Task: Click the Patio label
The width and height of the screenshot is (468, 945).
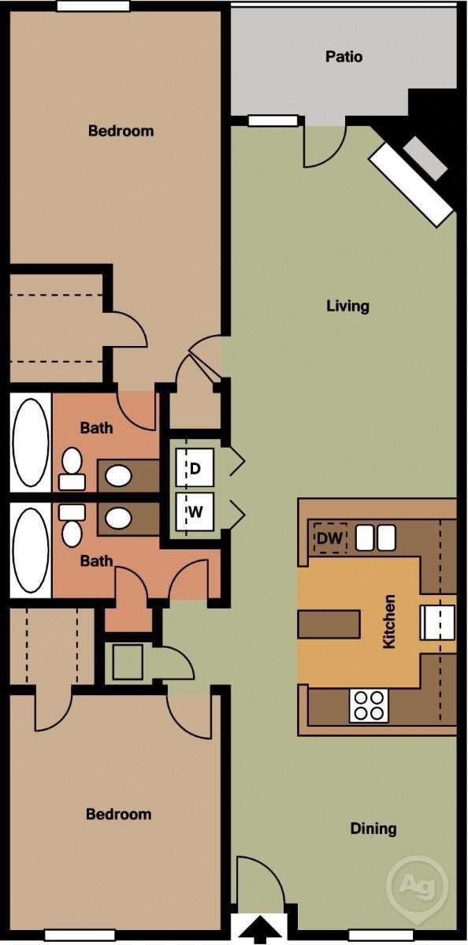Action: (344, 57)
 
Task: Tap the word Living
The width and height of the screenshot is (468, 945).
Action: (347, 306)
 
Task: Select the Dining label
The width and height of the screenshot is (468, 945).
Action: (373, 828)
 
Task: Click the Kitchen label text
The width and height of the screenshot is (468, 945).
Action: (388, 622)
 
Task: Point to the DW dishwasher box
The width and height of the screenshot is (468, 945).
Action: (330, 539)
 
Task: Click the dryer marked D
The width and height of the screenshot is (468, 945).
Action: (195, 468)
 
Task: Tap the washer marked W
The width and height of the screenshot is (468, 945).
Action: (195, 512)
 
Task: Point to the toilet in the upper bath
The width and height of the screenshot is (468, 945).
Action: (72, 469)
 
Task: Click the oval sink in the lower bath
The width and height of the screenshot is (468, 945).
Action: (119, 518)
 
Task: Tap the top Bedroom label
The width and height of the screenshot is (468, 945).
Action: (121, 131)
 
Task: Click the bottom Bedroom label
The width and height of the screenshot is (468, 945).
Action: (118, 814)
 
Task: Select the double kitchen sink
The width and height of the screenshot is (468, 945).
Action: (374, 538)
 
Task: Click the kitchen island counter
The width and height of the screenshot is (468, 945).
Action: (329, 623)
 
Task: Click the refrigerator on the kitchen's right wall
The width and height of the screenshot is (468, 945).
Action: (436, 622)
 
